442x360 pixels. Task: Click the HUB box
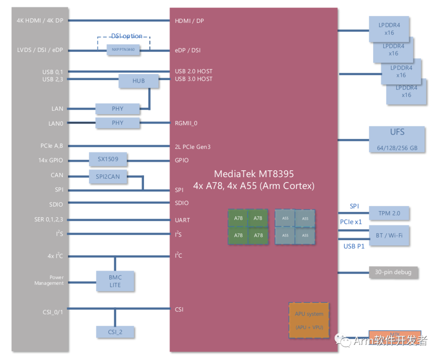pos(138,81)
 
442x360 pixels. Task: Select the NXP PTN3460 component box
pos(123,50)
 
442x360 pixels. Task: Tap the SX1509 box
pos(108,159)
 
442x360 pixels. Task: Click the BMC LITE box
pos(115,281)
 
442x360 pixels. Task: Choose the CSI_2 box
pos(115,332)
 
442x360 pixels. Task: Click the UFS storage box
pos(397,139)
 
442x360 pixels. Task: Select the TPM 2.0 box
pos(389,213)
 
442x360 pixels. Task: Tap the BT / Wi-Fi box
pos(389,235)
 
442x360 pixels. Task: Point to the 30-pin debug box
pos(393,272)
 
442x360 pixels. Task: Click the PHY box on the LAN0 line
pos(117,123)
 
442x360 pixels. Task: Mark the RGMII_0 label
pos(186,123)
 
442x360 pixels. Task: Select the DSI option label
pos(127,36)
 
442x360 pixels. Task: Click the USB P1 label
pos(354,246)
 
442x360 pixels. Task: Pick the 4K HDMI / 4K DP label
pos(41,20)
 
